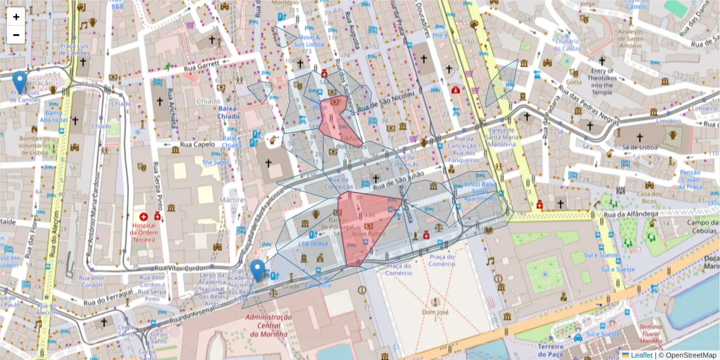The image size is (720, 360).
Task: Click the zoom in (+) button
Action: pos(16,17)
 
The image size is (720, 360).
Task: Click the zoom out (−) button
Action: pos(16,35)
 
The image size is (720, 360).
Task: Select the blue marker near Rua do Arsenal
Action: pos(258,271)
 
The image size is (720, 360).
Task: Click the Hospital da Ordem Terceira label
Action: pos(143,233)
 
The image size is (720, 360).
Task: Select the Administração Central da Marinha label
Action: pos(268,325)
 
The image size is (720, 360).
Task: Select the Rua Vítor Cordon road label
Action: pos(180,268)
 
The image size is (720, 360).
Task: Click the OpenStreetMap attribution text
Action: pos(690,355)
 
